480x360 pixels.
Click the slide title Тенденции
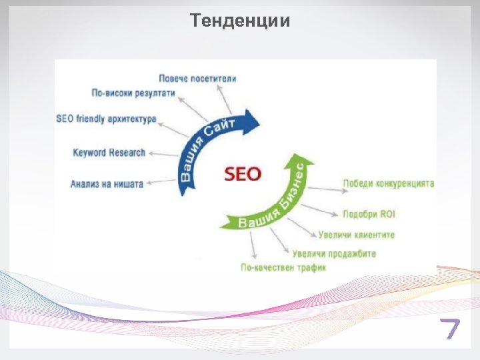coord(240,21)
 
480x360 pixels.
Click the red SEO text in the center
coord(243,174)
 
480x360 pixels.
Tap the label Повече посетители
coord(197,79)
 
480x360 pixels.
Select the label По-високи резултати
coord(133,93)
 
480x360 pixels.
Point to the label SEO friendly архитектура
coord(107,119)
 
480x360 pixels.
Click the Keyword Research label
coord(109,153)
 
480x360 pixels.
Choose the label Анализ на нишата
coord(107,184)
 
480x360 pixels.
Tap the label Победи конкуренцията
coord(389,183)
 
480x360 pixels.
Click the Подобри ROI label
coord(369,215)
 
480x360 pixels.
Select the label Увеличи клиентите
coord(357,235)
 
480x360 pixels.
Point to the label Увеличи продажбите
coord(334,254)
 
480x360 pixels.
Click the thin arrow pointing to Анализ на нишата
coord(160,181)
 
